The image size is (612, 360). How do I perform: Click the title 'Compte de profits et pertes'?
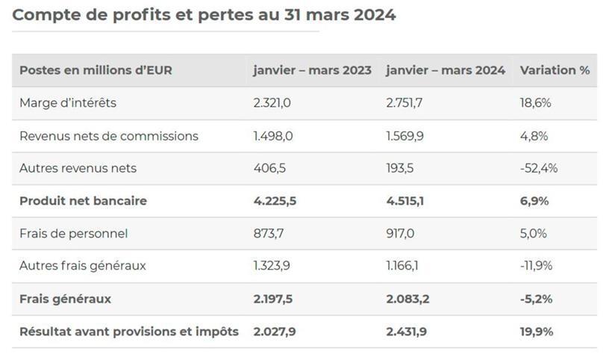[x=204, y=15]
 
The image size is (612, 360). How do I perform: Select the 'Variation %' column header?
[x=555, y=70]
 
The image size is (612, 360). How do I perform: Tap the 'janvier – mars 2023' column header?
[x=312, y=70]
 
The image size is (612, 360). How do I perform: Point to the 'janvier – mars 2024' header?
[x=446, y=70]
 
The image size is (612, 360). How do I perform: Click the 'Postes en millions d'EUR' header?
[x=96, y=70]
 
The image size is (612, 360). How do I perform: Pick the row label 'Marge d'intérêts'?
[x=68, y=103]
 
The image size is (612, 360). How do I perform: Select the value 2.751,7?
[x=405, y=103]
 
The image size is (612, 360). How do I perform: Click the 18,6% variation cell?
[x=535, y=103]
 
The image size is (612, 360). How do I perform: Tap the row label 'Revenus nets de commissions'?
[x=109, y=136]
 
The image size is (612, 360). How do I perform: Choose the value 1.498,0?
[x=272, y=136]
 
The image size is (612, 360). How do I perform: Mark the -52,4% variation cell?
[x=539, y=168]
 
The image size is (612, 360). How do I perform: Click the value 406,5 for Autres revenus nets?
[x=269, y=168]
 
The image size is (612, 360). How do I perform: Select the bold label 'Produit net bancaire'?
[x=83, y=201]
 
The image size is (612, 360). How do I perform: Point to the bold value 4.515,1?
[x=405, y=201]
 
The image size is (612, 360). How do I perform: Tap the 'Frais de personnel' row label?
[x=73, y=234]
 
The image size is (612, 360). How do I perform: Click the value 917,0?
[x=401, y=234]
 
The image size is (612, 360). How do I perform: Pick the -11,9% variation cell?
[x=537, y=266]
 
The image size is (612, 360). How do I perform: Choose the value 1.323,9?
[x=272, y=266]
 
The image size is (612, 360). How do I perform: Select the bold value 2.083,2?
[x=408, y=299]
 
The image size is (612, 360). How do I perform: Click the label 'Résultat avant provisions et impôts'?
[x=129, y=332]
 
